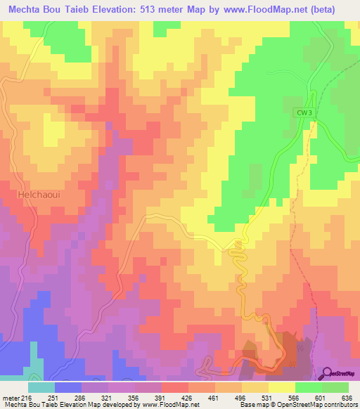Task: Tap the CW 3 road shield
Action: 303,112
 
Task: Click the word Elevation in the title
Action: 110,9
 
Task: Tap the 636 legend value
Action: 347,397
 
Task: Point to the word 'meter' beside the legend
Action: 10,397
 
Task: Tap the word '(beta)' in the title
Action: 321,9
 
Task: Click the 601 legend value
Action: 319,397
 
